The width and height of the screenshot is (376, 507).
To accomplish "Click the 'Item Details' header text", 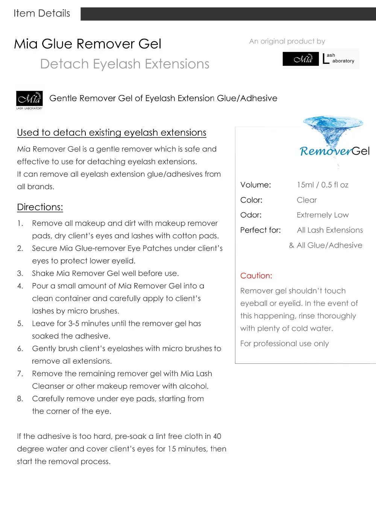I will point(42,14).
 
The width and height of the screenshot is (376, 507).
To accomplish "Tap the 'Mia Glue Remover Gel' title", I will point(88,44).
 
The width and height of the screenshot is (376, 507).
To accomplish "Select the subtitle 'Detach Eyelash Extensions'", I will point(124,64).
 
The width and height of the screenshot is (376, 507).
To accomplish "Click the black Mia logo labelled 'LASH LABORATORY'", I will point(29,99).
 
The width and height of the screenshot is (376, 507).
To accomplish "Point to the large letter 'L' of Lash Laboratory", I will point(326,59).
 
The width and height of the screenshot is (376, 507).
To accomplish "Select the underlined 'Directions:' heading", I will point(40,207).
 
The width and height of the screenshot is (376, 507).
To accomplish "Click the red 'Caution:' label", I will point(256,276).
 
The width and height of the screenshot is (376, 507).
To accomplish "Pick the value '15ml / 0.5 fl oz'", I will point(322,185).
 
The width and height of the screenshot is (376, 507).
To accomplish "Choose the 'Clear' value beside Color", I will point(306,200).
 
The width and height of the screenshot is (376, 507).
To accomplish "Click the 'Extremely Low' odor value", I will point(322,215).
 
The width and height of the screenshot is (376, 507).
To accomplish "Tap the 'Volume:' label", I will point(255,185).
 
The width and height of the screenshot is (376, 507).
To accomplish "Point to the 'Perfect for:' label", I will point(260,230).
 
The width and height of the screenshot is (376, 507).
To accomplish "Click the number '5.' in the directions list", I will point(20,324).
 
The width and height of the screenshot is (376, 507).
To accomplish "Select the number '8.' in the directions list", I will point(20,399).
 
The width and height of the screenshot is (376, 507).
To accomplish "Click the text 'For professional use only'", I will point(284,344).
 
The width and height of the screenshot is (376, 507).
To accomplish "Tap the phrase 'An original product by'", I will point(287,41).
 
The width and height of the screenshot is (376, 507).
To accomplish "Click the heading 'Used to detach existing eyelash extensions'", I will point(112,133).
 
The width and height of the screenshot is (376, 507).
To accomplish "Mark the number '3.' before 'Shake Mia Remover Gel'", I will point(20,274).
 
